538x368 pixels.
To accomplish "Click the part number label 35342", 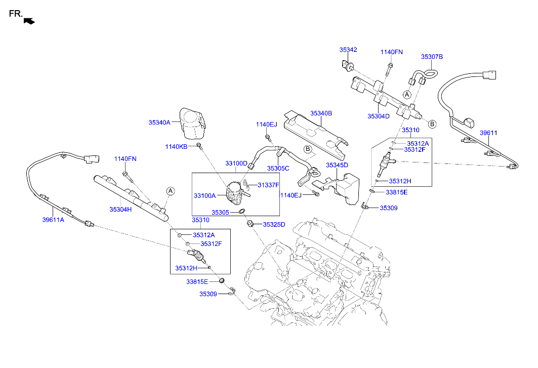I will click(348, 50).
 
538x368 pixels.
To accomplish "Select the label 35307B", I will click(432, 57).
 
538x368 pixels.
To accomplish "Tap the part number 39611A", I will click(53, 220).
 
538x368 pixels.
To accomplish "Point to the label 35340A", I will click(159, 122).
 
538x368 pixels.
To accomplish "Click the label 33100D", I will click(236, 163).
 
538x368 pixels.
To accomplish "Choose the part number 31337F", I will click(268, 185).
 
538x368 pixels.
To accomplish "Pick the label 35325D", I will click(274, 225).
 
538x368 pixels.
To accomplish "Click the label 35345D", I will click(337, 165).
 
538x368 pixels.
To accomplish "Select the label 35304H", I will click(120, 209).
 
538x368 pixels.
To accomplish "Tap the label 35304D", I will click(379, 116).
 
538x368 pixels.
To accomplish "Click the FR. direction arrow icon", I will click(29, 21).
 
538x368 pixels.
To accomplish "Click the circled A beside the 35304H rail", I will click(171, 191).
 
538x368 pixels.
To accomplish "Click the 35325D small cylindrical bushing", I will click(250, 224).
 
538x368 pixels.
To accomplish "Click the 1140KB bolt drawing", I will click(199, 147).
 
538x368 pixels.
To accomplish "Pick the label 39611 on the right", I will click(488, 133).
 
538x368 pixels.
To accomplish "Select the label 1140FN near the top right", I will click(392, 52).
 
